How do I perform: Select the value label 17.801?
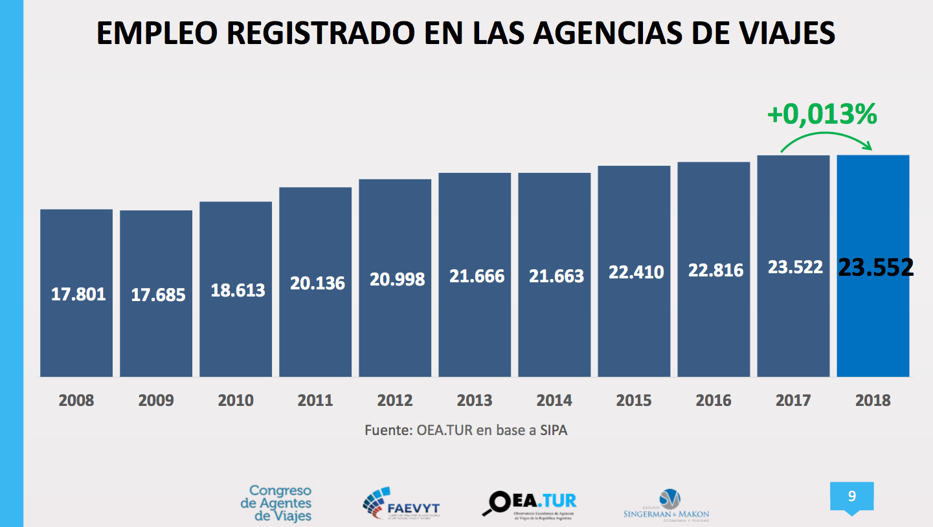(x=78, y=295)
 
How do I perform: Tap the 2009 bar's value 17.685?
(x=158, y=295)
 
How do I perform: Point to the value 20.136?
(x=317, y=283)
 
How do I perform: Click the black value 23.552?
(x=876, y=267)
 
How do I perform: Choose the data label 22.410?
(x=636, y=272)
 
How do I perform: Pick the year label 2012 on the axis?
(x=395, y=401)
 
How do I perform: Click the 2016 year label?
(x=714, y=401)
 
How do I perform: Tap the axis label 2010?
(x=236, y=401)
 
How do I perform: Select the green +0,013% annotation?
(x=822, y=115)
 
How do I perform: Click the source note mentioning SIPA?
(x=466, y=430)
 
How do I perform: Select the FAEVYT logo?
(x=401, y=504)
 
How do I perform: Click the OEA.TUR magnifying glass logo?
(x=530, y=503)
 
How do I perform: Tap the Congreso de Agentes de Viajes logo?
(x=276, y=503)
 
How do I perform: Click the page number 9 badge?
(x=851, y=497)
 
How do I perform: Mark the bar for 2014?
(x=554, y=324)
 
